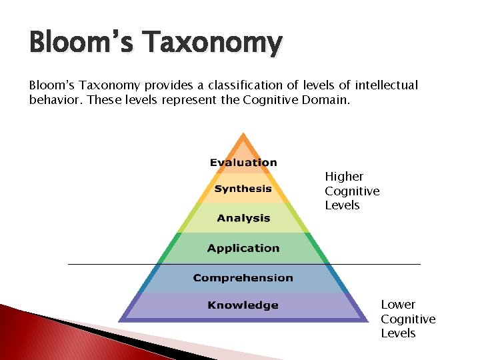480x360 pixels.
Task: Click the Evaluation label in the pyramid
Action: (x=243, y=163)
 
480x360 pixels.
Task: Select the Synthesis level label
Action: (x=243, y=189)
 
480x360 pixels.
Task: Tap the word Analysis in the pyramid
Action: (x=243, y=218)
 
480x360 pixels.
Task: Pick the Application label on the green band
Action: (x=243, y=248)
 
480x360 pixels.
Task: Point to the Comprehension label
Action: (x=243, y=277)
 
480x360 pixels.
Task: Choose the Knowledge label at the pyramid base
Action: (x=243, y=305)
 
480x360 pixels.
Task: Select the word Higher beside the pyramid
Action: (x=344, y=177)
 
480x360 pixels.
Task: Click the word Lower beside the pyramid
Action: (x=398, y=305)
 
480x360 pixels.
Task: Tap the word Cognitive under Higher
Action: (x=352, y=191)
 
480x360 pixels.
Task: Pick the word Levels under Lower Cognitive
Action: (x=398, y=333)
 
